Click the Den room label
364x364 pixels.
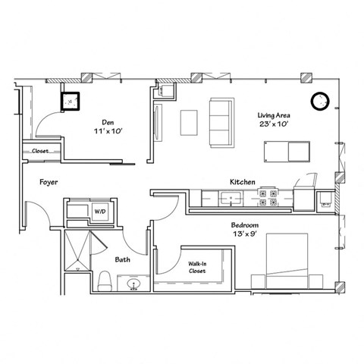click(x=108, y=121)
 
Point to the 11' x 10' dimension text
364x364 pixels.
click(x=108, y=130)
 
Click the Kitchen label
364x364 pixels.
click(x=242, y=182)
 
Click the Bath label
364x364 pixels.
click(x=122, y=260)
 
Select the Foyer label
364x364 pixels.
click(x=49, y=183)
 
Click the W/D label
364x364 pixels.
click(x=99, y=211)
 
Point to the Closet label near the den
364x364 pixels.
click(x=40, y=152)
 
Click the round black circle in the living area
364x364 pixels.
click(x=319, y=100)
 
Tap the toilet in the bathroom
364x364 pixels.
click(x=105, y=281)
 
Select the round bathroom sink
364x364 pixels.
click(x=136, y=285)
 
